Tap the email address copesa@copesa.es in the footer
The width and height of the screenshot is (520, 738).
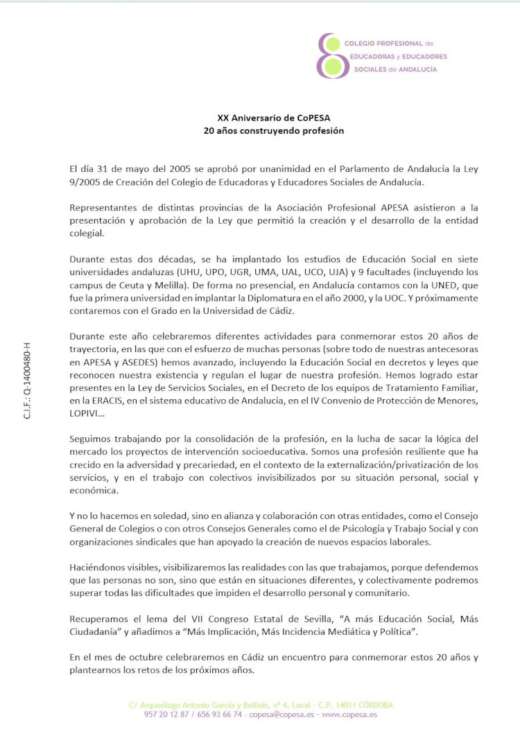(x=280, y=714)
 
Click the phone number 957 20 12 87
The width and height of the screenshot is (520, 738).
(x=168, y=714)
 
